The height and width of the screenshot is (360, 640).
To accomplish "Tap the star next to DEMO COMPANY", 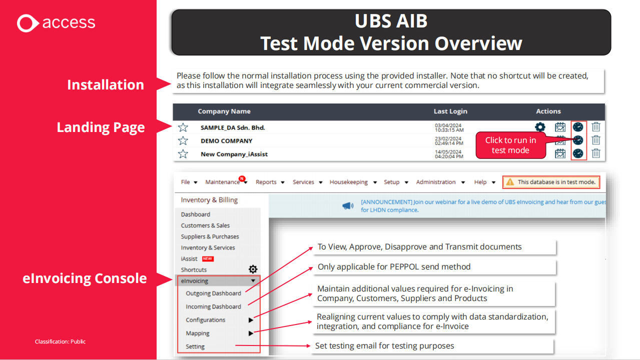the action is [183, 140].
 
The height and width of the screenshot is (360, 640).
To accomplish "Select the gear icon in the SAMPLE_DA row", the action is [540, 127].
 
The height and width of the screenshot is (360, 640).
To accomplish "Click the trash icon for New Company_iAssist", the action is [596, 153].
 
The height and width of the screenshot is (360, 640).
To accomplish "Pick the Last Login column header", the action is [450, 111].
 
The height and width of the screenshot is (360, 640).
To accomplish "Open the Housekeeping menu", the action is [349, 182].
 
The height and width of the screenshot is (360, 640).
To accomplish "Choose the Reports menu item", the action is [266, 182].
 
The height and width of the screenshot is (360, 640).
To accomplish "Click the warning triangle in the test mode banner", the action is [510, 182].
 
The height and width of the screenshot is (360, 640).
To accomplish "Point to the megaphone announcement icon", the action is [348, 205].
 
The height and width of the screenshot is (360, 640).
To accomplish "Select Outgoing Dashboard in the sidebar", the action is [214, 293].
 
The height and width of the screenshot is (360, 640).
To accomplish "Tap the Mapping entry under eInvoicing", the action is [198, 333].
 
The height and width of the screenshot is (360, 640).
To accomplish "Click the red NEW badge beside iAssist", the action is [208, 259].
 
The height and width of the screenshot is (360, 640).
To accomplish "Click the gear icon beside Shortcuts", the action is [253, 269].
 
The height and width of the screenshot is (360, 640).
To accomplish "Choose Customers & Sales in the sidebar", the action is [205, 225].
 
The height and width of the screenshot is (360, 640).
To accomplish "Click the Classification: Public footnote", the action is [60, 341].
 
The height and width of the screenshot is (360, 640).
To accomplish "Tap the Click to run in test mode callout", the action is [510, 145].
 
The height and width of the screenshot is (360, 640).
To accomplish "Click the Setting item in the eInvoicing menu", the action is [195, 346].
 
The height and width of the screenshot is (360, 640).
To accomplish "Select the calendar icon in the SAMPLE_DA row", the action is [560, 127].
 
